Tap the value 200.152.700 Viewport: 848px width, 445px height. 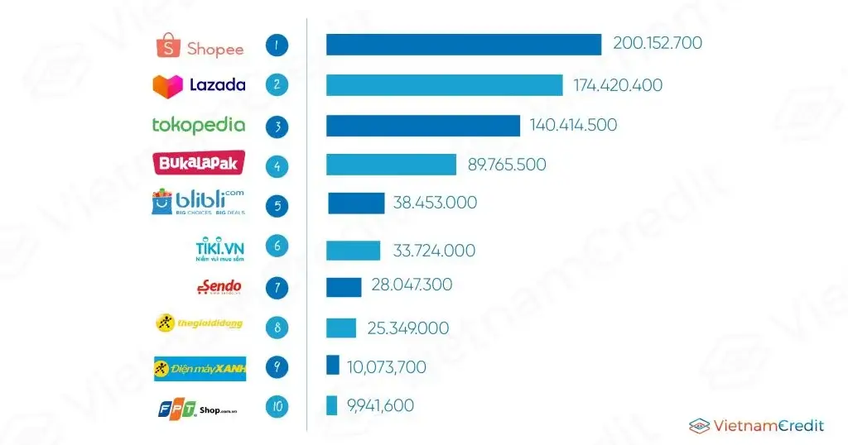(x=658, y=43)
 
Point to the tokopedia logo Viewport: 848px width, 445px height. (x=199, y=125)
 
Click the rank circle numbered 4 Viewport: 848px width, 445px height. (x=277, y=165)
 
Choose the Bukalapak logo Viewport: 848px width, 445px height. (x=196, y=163)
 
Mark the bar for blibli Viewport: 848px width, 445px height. (x=356, y=203)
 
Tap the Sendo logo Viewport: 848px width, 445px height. (x=219, y=287)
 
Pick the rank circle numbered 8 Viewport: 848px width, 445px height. (x=277, y=327)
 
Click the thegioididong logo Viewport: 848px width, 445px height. (x=200, y=323)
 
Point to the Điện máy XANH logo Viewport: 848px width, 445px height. (x=200, y=367)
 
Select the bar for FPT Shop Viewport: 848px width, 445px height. (x=331, y=405)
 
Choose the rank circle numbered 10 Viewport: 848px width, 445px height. (x=277, y=406)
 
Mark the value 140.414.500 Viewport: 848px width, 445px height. (x=574, y=125)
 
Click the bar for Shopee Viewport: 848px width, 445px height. (x=464, y=45)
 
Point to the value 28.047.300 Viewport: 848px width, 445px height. (x=412, y=285)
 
